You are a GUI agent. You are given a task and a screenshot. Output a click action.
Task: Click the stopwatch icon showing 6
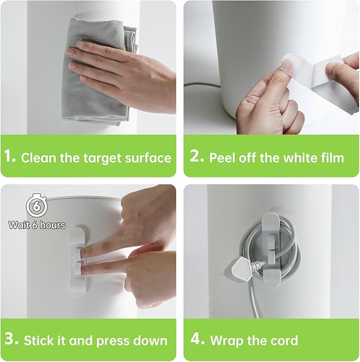point(37,205)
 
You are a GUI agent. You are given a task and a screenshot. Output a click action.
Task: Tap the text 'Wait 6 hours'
point(37,225)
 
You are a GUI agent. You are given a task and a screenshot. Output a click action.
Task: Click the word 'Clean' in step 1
point(39,158)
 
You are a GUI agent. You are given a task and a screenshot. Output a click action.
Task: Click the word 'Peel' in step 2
point(222,158)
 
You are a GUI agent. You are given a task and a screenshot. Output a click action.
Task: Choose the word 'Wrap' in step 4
point(226,341)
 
